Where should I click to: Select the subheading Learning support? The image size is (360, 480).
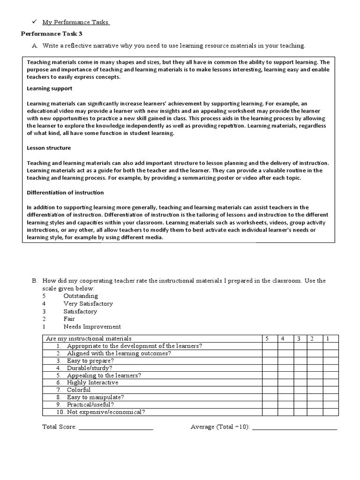click(x=49, y=88)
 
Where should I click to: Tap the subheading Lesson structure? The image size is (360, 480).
click(x=49, y=148)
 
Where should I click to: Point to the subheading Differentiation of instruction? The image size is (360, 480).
click(x=65, y=193)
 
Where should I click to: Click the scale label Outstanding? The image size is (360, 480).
click(x=81, y=296)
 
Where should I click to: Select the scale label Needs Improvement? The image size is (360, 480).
click(x=92, y=327)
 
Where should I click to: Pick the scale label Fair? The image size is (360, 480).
click(x=70, y=319)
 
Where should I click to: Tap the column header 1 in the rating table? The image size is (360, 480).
click(x=327, y=338)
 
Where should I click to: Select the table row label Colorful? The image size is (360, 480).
click(x=79, y=390)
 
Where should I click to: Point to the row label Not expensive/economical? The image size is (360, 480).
click(x=106, y=412)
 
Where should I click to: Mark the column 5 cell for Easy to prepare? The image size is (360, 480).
click(x=269, y=361)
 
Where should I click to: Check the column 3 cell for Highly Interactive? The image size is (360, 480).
click(x=299, y=382)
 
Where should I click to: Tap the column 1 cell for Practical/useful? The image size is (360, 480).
click(x=327, y=405)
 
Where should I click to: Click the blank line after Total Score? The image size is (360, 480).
click(x=115, y=427)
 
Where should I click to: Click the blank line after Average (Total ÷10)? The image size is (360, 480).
click(x=294, y=427)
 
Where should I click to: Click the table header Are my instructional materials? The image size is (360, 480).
click(x=88, y=338)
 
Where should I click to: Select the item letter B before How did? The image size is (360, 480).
click(x=34, y=281)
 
